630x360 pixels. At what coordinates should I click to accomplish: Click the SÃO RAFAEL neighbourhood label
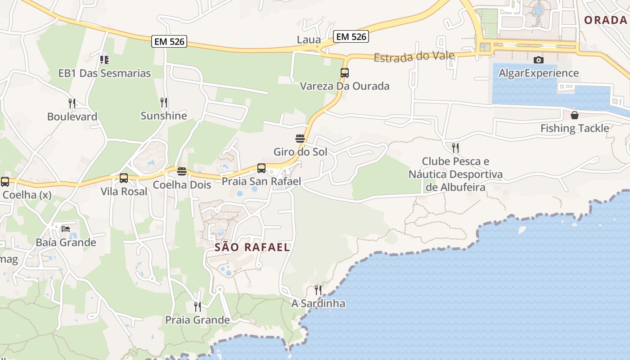coord(252,247)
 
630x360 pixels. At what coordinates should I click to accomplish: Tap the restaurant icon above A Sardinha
coord(318,290)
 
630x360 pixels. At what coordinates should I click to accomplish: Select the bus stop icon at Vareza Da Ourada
coord(345,73)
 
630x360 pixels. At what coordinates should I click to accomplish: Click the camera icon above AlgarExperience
coord(538,60)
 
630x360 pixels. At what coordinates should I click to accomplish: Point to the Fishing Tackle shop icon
coord(575,115)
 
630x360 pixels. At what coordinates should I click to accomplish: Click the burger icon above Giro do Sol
coord(300,138)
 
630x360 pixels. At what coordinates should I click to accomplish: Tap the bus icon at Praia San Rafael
coord(261,168)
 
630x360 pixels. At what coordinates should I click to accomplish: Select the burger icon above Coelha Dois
coord(182,171)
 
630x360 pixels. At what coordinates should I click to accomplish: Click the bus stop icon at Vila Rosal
coord(124,178)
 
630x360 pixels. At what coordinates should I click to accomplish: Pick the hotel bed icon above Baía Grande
coord(66,229)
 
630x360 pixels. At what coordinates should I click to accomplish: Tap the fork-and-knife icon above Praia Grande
coord(198,307)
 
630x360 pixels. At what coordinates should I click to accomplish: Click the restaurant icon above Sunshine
coord(164,103)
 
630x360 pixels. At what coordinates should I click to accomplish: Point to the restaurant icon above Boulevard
coord(72,103)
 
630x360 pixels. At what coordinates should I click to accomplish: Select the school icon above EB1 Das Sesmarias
coord(104,59)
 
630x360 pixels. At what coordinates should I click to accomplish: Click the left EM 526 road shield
coord(169,41)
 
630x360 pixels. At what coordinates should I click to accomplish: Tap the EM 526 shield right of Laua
coord(351,36)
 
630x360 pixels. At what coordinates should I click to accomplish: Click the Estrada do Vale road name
coord(414,57)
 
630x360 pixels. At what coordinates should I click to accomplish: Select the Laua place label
coord(309,40)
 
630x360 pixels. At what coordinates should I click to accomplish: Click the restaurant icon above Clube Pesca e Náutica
coord(455,148)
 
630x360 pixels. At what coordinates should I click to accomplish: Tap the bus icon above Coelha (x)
coord(5,182)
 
